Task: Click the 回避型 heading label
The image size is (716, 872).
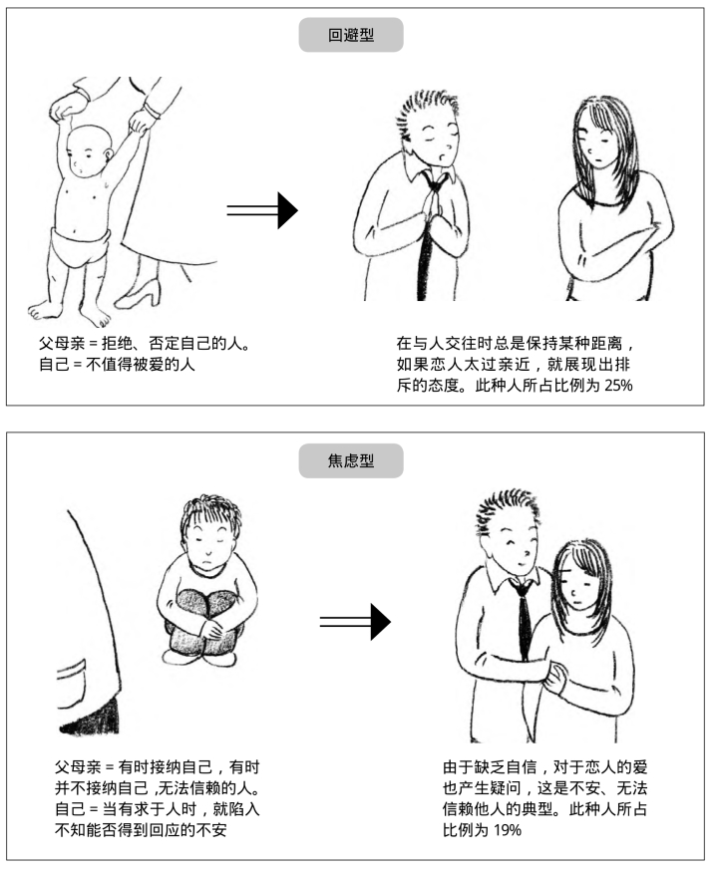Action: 351,35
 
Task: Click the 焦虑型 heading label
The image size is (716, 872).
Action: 351,461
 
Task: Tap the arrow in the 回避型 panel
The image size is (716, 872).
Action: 262,210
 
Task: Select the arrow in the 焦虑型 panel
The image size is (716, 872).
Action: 355,622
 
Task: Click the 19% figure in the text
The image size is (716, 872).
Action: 507,830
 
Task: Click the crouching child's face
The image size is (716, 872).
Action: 208,545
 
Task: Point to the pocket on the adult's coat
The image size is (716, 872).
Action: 73,684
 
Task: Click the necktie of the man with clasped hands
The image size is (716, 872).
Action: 429,233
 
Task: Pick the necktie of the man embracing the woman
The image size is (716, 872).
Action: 523,617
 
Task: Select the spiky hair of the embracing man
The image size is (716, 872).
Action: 507,509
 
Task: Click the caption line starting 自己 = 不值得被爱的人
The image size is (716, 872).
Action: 117,365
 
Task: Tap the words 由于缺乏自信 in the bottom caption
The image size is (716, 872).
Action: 490,767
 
